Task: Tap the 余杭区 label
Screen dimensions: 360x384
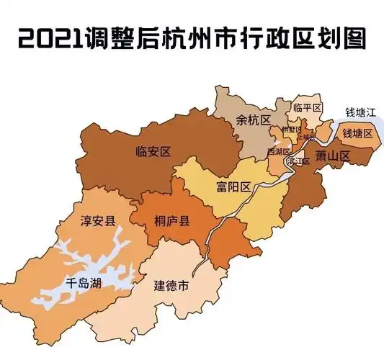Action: [252, 121]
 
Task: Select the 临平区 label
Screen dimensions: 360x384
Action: [307, 107]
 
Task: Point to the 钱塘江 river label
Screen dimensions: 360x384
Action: [360, 113]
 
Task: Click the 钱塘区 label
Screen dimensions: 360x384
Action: [357, 134]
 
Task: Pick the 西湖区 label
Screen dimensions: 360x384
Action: [278, 152]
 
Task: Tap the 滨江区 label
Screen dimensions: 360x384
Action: [298, 162]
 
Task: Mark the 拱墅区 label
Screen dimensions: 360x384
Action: [291, 130]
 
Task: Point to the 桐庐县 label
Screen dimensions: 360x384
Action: [171, 222]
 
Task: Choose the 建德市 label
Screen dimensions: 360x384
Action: [172, 287]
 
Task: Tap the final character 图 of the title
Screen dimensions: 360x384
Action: [350, 38]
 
